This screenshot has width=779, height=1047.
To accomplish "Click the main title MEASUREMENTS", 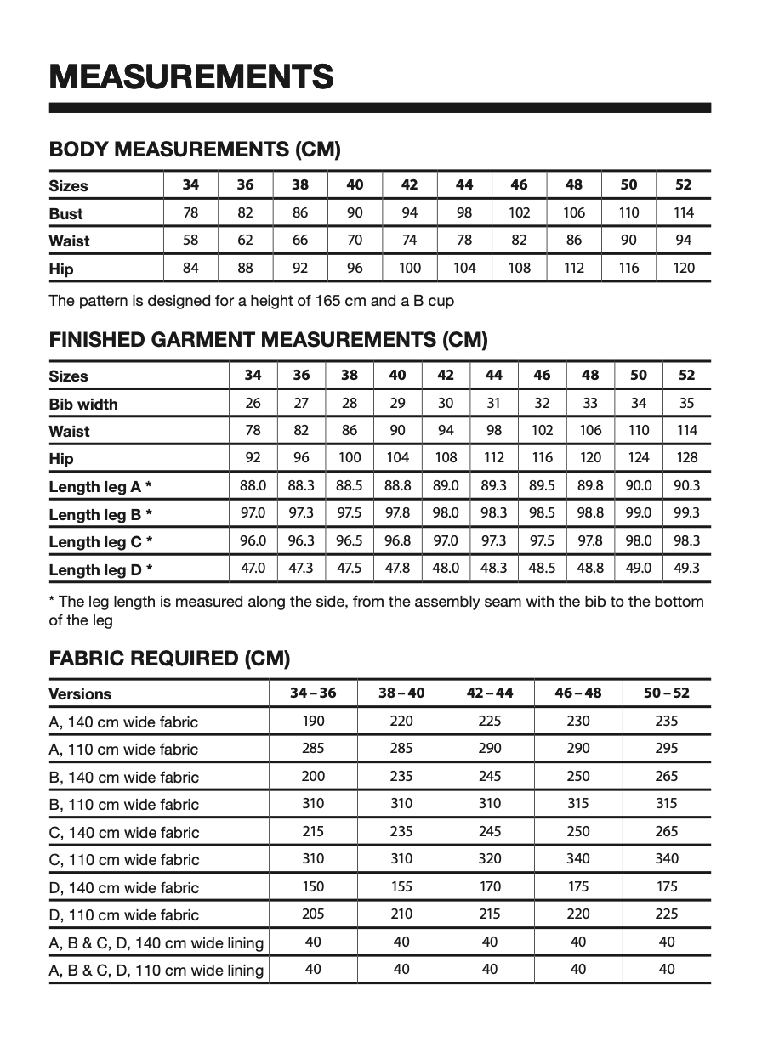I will click(x=190, y=76).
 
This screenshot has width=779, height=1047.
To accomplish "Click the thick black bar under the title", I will click(x=380, y=108).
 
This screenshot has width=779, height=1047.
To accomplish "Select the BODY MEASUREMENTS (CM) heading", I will click(x=195, y=150).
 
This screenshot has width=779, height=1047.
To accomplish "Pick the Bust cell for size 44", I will click(x=464, y=212).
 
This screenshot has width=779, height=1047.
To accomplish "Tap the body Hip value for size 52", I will click(x=684, y=268).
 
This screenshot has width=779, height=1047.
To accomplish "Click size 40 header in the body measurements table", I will click(x=355, y=184).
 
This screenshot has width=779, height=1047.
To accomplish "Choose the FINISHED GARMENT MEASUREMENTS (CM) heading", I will click(x=269, y=340).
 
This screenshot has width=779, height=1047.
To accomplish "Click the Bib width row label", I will click(x=83, y=404).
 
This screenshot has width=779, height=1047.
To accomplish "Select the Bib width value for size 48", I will click(x=590, y=403).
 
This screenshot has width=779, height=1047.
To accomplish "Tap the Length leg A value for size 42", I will click(x=446, y=485).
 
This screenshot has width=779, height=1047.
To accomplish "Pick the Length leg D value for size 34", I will click(x=253, y=568).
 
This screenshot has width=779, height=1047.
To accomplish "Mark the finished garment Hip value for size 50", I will click(x=639, y=457).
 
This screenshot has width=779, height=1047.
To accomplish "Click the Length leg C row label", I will click(x=100, y=541).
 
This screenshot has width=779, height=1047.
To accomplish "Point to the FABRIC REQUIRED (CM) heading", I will click(x=170, y=658).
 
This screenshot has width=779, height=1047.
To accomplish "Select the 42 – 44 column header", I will click(x=490, y=693).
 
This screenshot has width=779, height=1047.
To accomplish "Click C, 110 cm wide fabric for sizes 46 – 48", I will click(x=578, y=858).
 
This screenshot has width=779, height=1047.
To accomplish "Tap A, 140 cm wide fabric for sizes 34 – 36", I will click(x=313, y=721).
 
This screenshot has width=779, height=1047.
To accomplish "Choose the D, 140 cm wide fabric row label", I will click(x=124, y=887).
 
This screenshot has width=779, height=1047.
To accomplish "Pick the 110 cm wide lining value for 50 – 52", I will click(x=667, y=969).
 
